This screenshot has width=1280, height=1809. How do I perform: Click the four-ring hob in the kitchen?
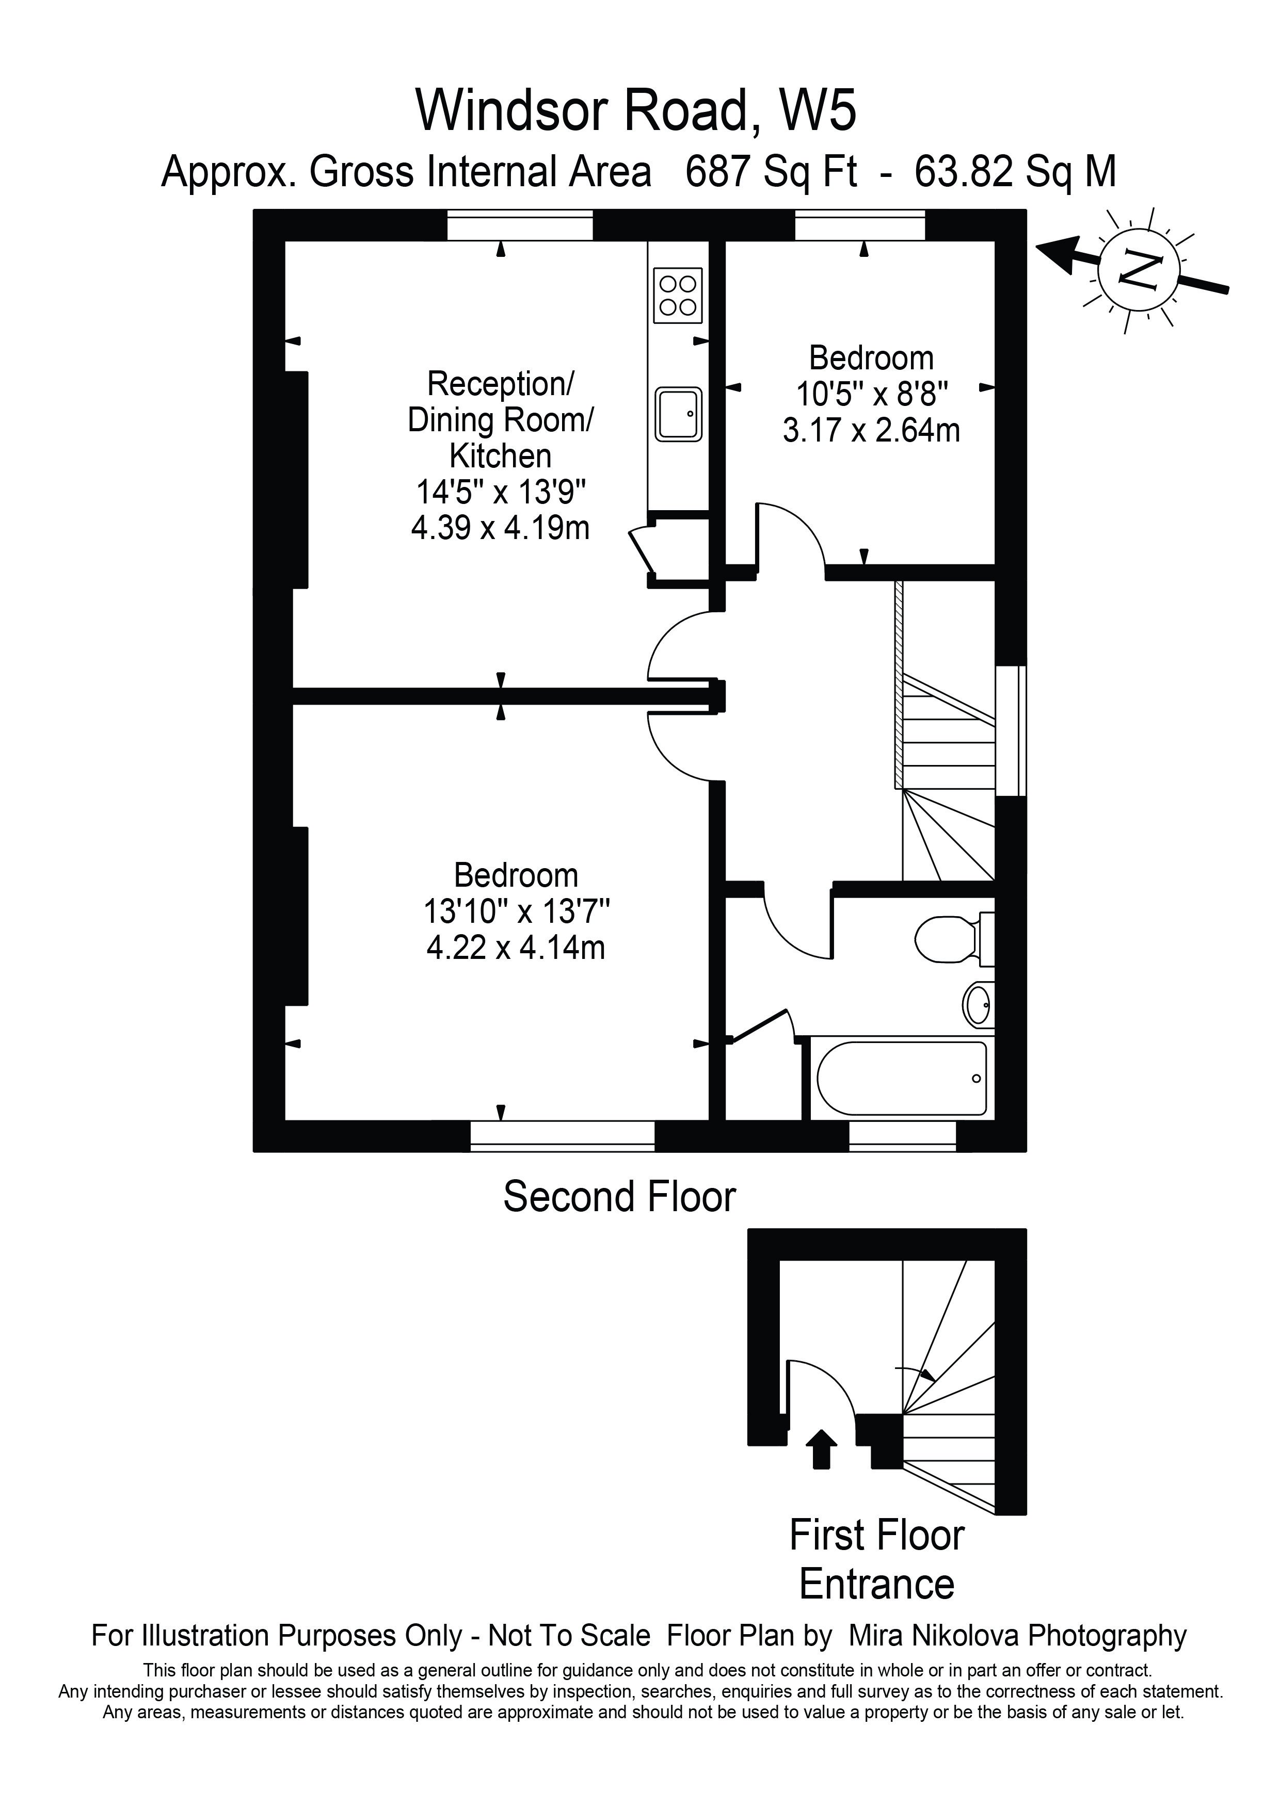678,296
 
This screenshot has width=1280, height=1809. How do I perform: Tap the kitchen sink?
678,414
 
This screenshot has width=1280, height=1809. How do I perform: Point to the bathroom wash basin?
978,1004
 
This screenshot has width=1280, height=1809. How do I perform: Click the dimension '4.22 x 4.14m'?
516,946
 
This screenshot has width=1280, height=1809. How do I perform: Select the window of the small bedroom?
859,225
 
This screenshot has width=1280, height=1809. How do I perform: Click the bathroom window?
902,1135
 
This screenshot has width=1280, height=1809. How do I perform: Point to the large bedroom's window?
562,1135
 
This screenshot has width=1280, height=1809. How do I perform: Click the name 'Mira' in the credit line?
881,1636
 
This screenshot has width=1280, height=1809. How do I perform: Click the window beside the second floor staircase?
1011,731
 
